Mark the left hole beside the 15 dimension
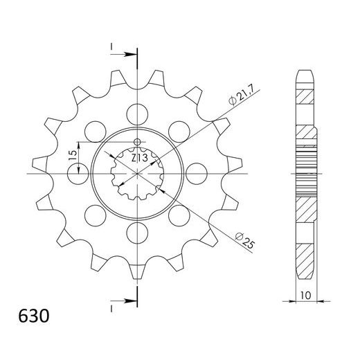point(81,168)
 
